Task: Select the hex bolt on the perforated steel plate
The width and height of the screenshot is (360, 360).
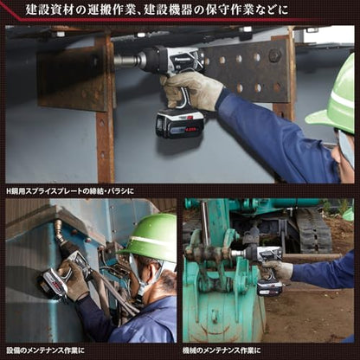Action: coord(275,55)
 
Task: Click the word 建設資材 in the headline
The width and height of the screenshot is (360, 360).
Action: coord(51,10)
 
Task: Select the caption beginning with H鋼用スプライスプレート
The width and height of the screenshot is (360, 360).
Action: coord(70,191)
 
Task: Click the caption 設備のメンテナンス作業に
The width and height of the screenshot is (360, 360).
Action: coord(45,350)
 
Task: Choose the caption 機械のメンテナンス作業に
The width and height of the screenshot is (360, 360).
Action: coord(222,350)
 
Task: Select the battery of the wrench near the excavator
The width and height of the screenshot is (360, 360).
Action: coord(270,287)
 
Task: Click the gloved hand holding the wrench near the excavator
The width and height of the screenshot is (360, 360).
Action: coord(278,270)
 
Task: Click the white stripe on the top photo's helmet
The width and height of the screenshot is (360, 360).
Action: coord(343,97)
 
